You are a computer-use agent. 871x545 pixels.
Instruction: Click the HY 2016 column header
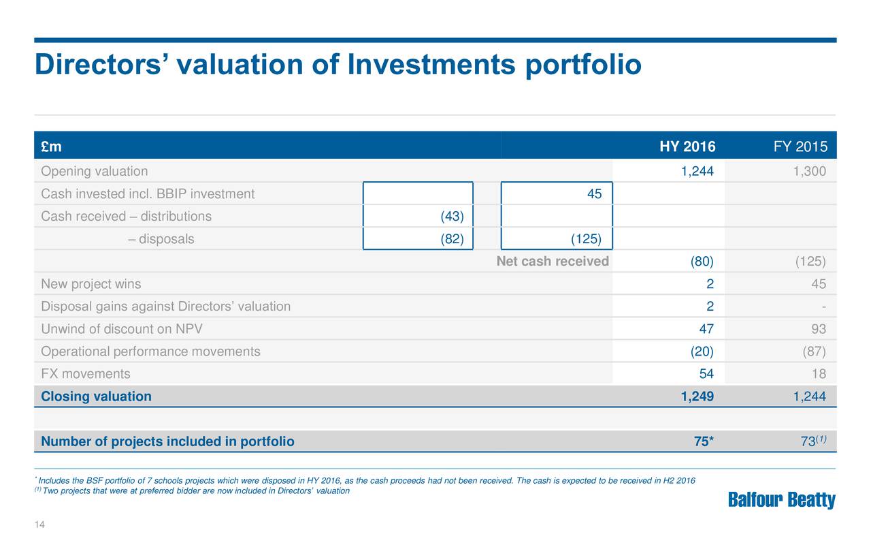[x=687, y=147]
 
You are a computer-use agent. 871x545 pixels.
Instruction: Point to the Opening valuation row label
[x=94, y=171]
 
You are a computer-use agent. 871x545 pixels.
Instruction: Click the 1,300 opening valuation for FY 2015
[x=810, y=171]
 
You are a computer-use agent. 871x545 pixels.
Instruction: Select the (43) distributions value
[x=452, y=217]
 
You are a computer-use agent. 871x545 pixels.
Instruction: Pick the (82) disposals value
[x=452, y=239]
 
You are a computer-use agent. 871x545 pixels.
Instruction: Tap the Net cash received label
[x=553, y=262]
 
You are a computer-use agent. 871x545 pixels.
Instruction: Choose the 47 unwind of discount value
[x=706, y=329]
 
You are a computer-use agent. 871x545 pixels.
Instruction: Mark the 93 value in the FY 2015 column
[x=819, y=329]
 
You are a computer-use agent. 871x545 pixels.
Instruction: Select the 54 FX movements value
[x=706, y=373]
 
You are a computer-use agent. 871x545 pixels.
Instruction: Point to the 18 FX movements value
[x=819, y=373]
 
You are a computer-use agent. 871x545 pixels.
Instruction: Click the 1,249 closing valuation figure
[x=697, y=396]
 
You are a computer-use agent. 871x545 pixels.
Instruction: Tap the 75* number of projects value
[x=702, y=441]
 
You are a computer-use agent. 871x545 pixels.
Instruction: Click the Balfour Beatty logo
[x=782, y=501]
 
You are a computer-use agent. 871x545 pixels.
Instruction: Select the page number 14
[x=39, y=524]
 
